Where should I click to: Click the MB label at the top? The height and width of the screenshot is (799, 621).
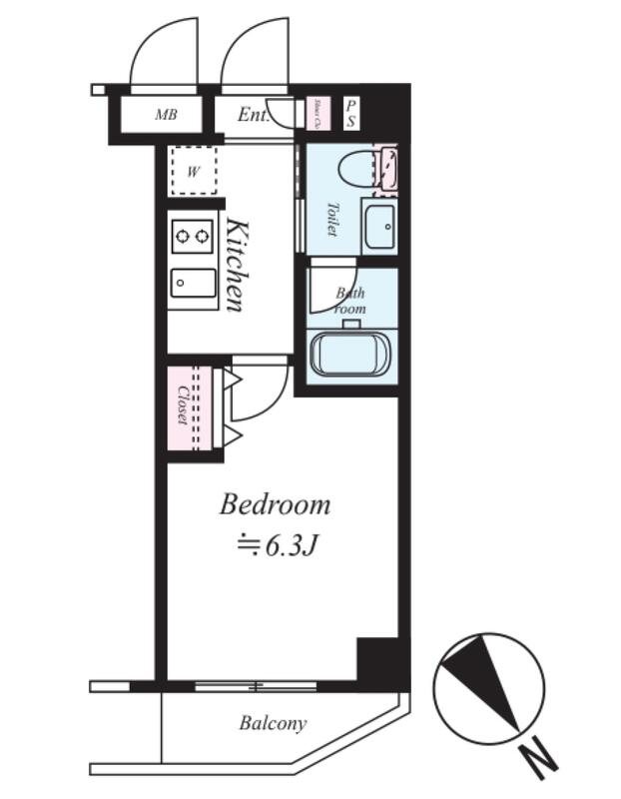(x=166, y=115)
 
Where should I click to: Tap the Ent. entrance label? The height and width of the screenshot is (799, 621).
(x=255, y=115)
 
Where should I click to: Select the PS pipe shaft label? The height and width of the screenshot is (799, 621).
(x=350, y=112)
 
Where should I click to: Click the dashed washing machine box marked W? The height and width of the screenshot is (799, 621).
(x=194, y=171)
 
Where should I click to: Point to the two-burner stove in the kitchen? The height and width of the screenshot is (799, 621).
(x=193, y=237)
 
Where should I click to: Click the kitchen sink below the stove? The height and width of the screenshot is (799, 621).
(x=193, y=283)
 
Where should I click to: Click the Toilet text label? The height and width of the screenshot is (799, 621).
(x=331, y=219)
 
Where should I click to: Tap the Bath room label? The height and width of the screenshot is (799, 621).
(x=350, y=301)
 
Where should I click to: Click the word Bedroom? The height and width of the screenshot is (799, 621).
(x=275, y=504)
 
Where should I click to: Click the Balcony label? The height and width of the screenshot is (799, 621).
(x=273, y=723)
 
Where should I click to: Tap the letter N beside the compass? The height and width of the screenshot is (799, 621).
(x=539, y=762)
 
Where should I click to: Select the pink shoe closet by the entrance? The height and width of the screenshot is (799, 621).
(x=313, y=113)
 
